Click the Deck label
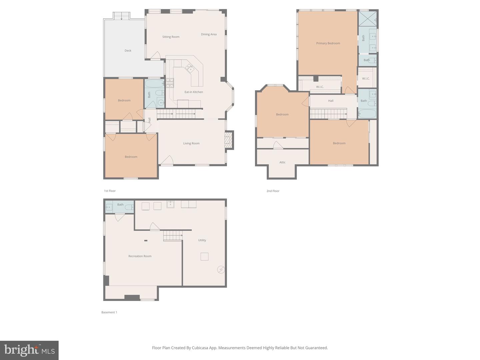pyautogui.click(x=128, y=51)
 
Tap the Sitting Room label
pyautogui.click(x=171, y=37)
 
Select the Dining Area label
pyautogui.click(x=209, y=34)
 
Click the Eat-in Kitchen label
pyautogui.click(x=194, y=92)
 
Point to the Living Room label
pyautogui.click(x=191, y=143)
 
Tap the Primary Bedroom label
pyautogui.click(x=328, y=43)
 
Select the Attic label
pyautogui.click(x=282, y=162)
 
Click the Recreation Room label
pyautogui.click(x=140, y=256)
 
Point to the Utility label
pyautogui.click(x=202, y=240)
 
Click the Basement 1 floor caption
pyautogui.click(x=109, y=312)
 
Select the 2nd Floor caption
pyautogui.click(x=273, y=191)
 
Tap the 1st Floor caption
pyautogui.click(x=110, y=191)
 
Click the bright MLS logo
pyautogui.click(x=29, y=350)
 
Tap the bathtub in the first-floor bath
pyautogui.click(x=154, y=83)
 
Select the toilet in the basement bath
pyautogui.click(x=129, y=207)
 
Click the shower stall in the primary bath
pyautogui.click(x=367, y=18)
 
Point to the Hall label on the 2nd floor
pyautogui.click(x=331, y=101)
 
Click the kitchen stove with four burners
pyautogui.click(x=170, y=82)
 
